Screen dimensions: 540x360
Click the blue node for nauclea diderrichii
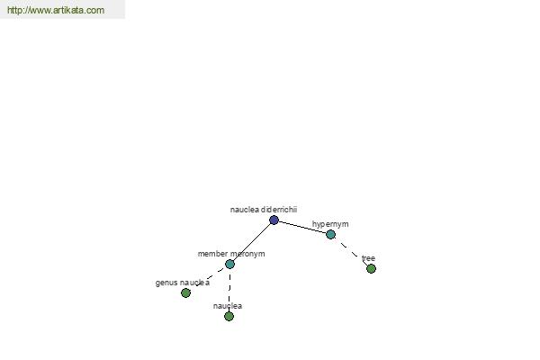tap(274, 220)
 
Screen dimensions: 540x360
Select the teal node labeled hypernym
tap(330, 234)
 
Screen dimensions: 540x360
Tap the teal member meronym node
tap(229, 265)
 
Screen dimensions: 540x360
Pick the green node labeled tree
tap(371, 269)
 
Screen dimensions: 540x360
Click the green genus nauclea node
tap(185, 293)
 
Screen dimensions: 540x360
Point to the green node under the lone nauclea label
tap(229, 316)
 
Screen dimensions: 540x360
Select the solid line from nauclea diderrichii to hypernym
tap(302, 227)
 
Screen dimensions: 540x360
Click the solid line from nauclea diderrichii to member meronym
tap(252, 242)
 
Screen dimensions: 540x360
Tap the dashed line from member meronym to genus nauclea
tap(210, 277)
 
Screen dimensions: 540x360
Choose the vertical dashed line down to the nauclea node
tap(229, 291)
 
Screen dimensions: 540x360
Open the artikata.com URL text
tap(56, 10)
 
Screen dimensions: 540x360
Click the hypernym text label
tap(330, 224)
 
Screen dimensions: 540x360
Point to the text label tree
tap(368, 258)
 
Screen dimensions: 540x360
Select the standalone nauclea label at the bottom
tap(228, 306)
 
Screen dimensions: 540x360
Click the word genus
tap(166, 283)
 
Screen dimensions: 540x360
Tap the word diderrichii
tap(279, 210)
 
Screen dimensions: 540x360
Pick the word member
tap(212, 254)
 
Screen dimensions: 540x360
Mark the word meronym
tap(247, 254)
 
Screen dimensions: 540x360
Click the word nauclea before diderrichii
tap(245, 210)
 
